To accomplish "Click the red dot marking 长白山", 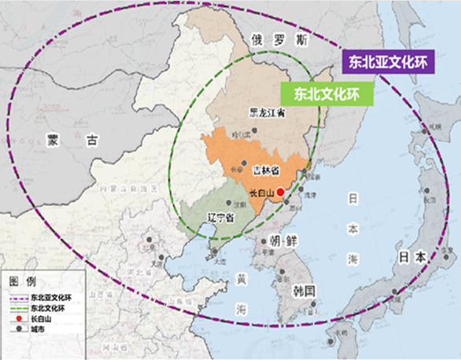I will tap(281, 192).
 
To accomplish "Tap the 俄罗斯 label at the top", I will tap(268, 39).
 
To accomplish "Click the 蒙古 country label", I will tap(73, 141).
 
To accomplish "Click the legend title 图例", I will tap(20, 281).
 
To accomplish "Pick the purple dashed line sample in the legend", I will tap(18, 298).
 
